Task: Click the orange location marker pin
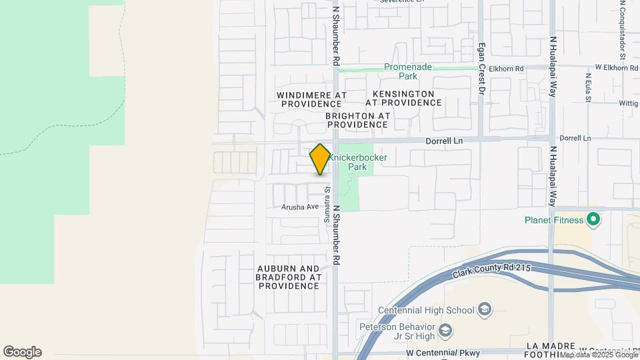320,159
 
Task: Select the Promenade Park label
408,71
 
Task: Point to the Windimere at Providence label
311,99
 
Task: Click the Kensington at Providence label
403,98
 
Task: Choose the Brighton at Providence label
357,120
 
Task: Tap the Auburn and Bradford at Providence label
289,277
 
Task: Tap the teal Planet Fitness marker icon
593,219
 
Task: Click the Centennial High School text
426,310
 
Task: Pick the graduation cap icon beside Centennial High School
485,309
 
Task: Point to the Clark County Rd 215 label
491,269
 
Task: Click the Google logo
22,352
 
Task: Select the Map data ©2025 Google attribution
599,355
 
